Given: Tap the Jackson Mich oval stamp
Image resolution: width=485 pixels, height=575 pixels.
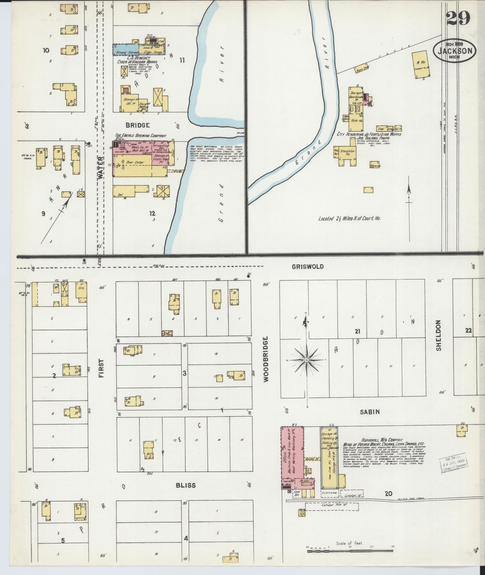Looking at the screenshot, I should (454, 51).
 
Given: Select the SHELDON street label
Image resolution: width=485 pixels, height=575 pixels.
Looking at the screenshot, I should (438, 335).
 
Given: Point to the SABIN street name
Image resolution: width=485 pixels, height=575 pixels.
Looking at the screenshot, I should (369, 412).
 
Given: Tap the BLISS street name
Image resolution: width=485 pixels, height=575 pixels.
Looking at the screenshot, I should (186, 485).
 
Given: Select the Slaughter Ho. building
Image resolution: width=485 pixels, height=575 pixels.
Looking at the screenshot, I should (347, 153).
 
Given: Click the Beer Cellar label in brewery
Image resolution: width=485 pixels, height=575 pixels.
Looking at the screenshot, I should (135, 163).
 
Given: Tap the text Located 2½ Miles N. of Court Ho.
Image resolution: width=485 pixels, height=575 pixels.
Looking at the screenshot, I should (349, 218).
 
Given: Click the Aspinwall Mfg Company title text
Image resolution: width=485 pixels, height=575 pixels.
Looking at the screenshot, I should (382, 440).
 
